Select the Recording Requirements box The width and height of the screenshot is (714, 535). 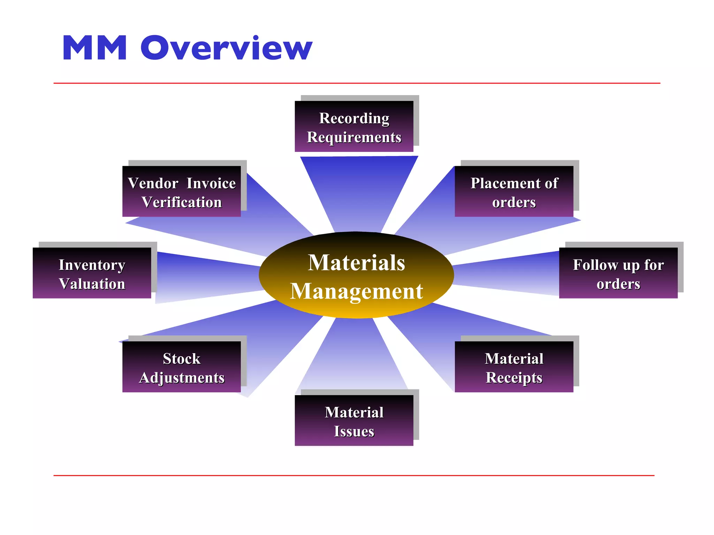click(x=354, y=126)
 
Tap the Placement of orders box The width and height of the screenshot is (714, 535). click(x=514, y=192)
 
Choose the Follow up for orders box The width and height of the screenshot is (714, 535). click(x=618, y=273)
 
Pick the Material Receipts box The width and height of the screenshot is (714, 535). click(x=514, y=367)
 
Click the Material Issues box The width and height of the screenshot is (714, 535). click(x=354, y=420)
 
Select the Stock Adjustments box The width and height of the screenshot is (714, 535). click(x=181, y=367)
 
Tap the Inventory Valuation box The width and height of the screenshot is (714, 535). click(x=92, y=273)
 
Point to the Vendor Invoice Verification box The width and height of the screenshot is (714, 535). click(x=181, y=192)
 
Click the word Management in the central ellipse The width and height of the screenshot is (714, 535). click(x=356, y=291)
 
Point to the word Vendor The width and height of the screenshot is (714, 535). click(x=153, y=183)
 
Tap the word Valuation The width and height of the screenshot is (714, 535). click(x=92, y=284)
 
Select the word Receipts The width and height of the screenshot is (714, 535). click(x=514, y=378)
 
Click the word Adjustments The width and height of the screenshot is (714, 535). click(x=182, y=378)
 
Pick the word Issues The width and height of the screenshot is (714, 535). click(x=354, y=431)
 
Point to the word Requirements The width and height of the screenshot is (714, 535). click(x=354, y=137)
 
